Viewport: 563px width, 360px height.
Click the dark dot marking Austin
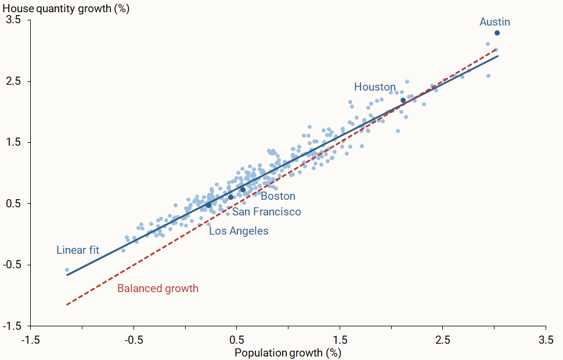497,33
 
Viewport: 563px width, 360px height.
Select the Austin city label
495,22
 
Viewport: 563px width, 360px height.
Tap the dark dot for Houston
403,100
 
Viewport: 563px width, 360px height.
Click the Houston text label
375,87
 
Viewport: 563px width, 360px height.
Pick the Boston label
278,196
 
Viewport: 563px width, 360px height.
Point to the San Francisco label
266,212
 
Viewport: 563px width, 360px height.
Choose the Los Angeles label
239,231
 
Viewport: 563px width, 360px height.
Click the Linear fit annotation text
78,250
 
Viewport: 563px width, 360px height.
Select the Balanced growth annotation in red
158,289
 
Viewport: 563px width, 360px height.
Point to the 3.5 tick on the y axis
13,20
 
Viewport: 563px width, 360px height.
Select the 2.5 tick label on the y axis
13,81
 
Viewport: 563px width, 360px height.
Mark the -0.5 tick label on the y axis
12,265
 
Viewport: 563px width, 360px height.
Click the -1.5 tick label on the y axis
12,326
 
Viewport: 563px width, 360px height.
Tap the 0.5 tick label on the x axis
236,339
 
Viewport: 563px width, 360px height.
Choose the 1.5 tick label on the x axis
340,339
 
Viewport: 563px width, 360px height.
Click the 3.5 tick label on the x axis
546,339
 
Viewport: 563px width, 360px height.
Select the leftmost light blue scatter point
67,270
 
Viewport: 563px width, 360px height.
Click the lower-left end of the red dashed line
67,304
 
